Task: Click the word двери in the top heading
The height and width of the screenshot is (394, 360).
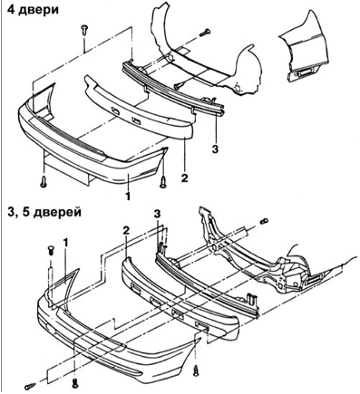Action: (39, 10)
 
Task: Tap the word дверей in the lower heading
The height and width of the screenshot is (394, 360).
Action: (57, 212)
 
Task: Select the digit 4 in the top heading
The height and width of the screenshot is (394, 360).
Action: (11, 9)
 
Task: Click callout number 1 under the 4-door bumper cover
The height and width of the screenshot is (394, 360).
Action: (128, 197)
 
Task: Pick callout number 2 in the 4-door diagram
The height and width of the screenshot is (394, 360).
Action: (185, 178)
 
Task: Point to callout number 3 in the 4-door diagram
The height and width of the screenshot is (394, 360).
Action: (215, 149)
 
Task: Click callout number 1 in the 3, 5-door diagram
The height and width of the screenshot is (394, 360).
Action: (65, 243)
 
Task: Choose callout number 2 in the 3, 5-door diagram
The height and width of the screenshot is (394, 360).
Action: (126, 231)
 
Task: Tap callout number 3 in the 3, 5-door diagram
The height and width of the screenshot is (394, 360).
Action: (158, 214)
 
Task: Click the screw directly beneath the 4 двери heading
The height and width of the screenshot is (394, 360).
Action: (83, 31)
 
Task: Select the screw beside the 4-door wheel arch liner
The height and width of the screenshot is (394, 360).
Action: (206, 32)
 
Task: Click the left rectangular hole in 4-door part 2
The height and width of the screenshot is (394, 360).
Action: (115, 111)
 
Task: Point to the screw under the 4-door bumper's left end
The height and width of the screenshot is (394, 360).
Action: (44, 181)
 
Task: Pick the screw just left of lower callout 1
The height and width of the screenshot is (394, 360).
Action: (52, 251)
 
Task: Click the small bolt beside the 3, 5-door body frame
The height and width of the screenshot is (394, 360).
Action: (263, 220)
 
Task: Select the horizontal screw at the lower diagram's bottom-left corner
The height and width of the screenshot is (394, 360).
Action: (31, 386)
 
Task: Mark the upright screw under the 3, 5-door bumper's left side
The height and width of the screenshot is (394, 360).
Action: (75, 383)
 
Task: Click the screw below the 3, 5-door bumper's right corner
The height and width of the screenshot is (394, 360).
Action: (197, 370)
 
